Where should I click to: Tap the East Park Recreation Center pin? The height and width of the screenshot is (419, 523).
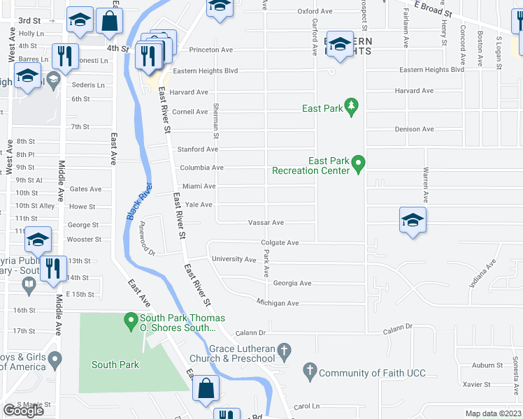coord(359,166)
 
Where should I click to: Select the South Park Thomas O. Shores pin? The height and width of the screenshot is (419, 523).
coord(130,323)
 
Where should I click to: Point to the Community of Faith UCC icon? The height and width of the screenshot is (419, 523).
coord(310,373)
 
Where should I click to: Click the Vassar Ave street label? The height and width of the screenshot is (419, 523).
coord(266,223)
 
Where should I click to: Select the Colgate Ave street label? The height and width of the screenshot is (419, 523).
coord(280,243)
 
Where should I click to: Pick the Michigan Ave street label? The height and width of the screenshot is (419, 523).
coord(277,304)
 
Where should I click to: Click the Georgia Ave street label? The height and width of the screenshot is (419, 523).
coord(292,284)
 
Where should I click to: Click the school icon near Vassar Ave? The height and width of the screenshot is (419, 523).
coord(413,220)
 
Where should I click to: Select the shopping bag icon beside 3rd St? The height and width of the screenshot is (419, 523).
coord(110,22)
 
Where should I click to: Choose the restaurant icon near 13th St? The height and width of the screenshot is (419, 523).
coord(54,268)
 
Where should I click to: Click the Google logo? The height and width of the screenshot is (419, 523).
coord(23,411)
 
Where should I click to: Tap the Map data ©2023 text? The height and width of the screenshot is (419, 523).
coord(493,413)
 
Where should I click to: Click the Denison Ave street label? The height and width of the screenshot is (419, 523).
coord(414,129)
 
